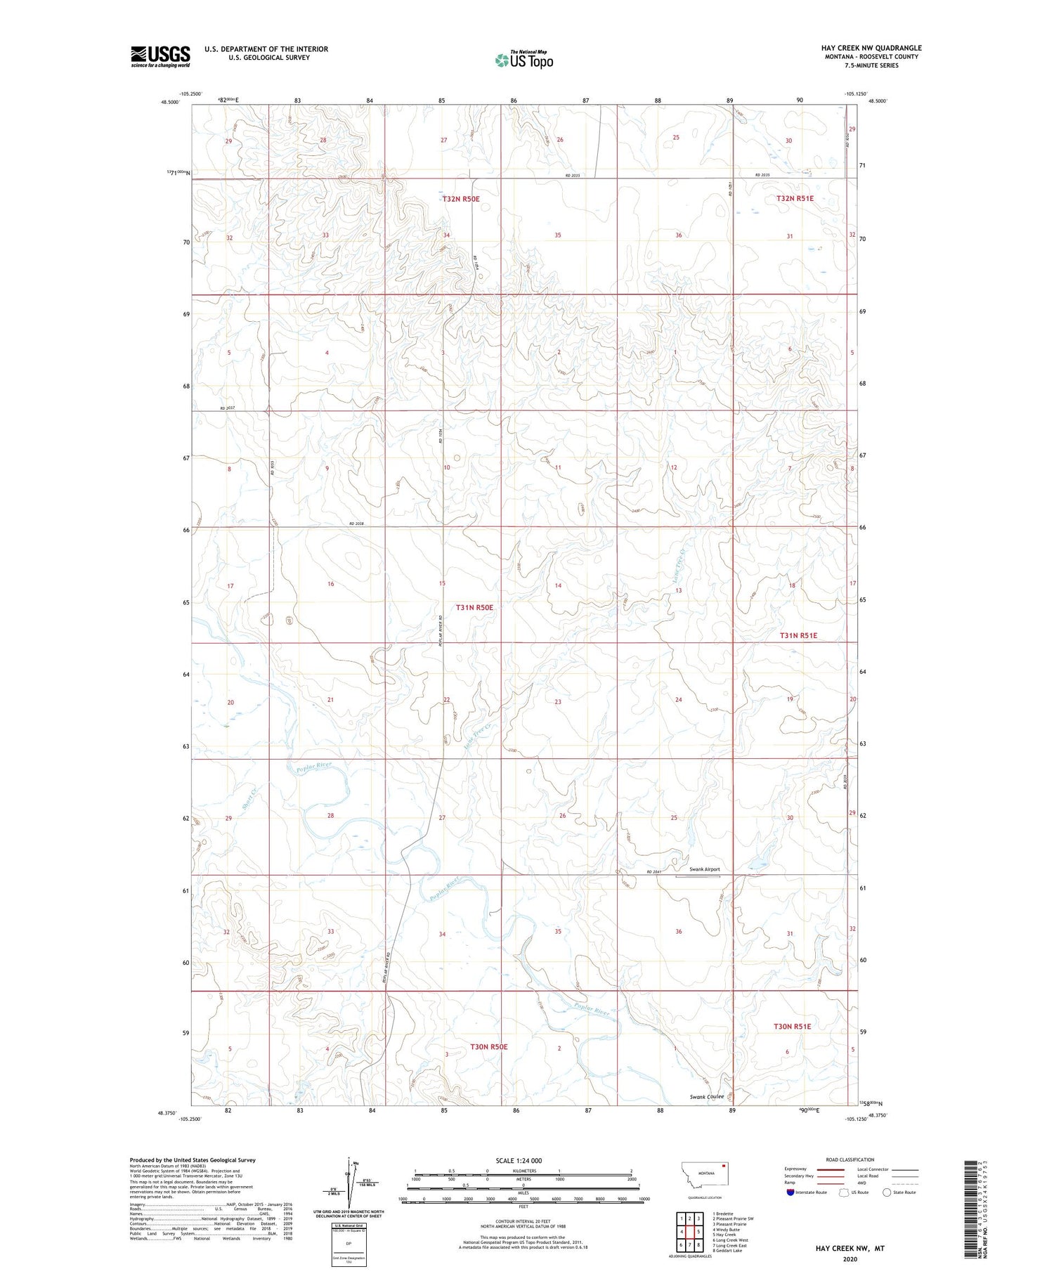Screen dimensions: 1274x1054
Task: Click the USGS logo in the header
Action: [x=160, y=56]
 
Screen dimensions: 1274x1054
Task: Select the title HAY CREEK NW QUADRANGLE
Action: [x=871, y=48]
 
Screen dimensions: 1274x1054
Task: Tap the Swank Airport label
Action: [x=705, y=869]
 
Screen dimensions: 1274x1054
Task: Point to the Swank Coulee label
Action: [x=706, y=1096]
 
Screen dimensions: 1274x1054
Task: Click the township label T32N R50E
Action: [x=461, y=199]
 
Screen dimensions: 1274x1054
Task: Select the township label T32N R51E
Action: [x=795, y=198]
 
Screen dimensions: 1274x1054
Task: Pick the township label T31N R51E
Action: [x=798, y=635]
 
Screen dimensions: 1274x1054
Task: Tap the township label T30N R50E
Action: [x=488, y=1046]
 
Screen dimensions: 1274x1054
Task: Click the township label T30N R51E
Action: [x=792, y=1026]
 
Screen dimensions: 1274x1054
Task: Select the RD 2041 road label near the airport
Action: [x=653, y=873]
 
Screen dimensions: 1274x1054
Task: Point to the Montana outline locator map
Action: [x=703, y=1174]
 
